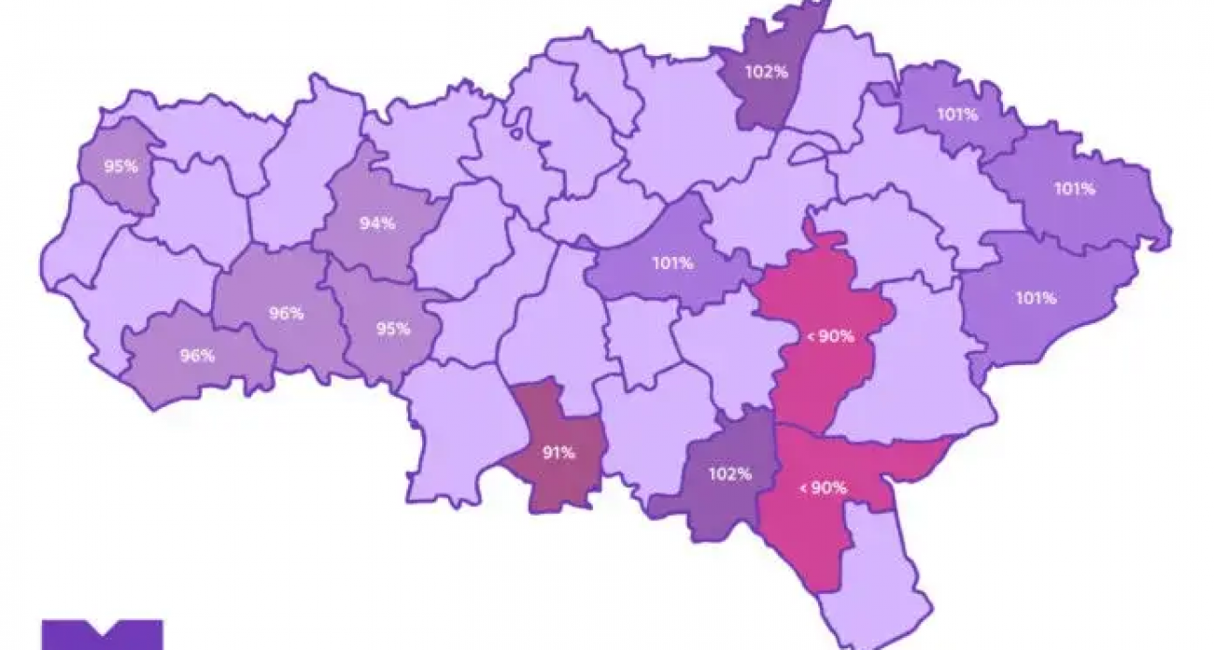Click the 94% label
coord(377,224)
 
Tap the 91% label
coord(558,454)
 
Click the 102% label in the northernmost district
coord(767,71)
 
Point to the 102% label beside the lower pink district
coord(729,473)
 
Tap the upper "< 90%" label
coord(829,337)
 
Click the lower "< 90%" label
coord(823,487)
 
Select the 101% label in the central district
coord(672,263)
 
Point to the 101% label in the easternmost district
coord(1075,189)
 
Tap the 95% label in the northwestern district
coord(121,167)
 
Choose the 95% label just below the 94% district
coord(393,329)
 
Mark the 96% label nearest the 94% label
coord(286,314)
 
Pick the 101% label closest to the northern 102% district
coord(957,115)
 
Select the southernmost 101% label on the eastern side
coord(1036,299)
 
